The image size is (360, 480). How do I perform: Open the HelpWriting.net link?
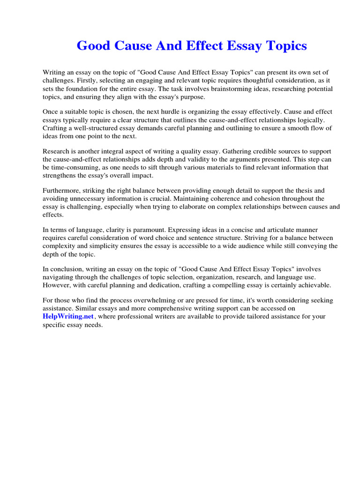click(68, 317)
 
